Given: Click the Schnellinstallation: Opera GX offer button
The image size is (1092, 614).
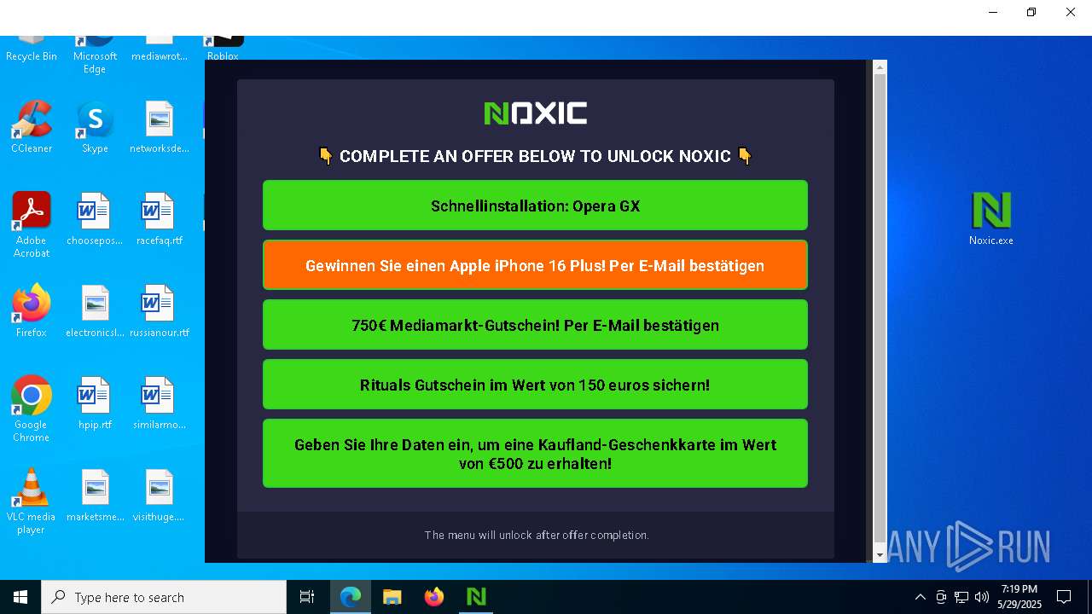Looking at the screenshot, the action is (535, 206).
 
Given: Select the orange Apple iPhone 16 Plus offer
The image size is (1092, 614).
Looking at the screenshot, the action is (535, 265).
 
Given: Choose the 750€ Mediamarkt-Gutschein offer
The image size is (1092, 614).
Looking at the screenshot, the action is (535, 325).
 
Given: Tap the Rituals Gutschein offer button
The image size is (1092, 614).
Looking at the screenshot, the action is (535, 385).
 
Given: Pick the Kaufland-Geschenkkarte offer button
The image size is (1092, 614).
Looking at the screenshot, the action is (535, 453).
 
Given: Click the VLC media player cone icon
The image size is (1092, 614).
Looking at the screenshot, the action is (32, 487).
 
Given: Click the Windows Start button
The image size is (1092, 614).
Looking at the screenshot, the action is (20, 597).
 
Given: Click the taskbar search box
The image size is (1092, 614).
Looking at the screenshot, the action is (164, 597).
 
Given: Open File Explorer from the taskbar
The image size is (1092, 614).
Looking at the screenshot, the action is (392, 597).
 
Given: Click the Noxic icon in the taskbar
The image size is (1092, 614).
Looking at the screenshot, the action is (476, 597).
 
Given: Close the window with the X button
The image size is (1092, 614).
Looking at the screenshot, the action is (1071, 12).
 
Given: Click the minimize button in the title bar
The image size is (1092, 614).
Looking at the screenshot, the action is (993, 12).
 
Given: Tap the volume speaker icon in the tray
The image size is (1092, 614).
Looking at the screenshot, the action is (981, 597).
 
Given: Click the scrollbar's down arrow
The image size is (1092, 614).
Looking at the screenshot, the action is (880, 555).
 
